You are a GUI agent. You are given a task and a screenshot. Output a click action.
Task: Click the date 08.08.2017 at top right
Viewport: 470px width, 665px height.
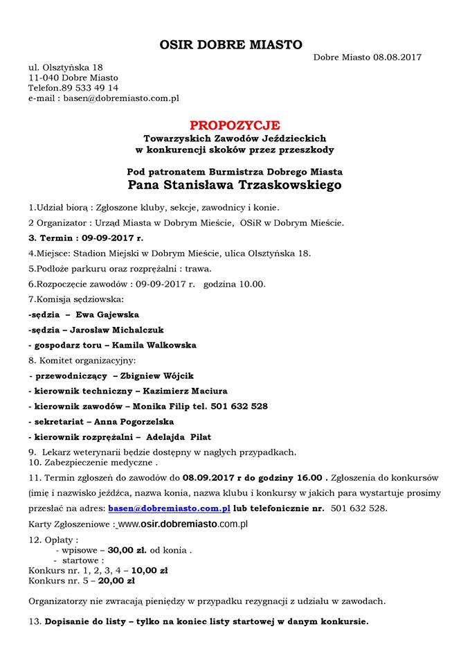(397, 57)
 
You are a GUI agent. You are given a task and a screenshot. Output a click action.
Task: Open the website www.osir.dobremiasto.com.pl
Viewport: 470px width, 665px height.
(183, 524)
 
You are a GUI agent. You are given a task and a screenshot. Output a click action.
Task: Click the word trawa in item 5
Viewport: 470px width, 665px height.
(196, 268)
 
